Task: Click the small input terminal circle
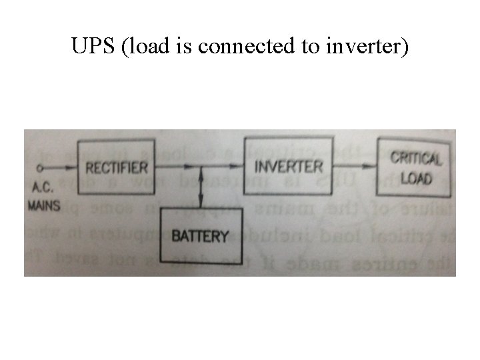coord(41,168)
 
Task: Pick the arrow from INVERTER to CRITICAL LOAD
coord(355,165)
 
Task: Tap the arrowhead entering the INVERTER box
coord(240,165)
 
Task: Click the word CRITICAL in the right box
coord(415,158)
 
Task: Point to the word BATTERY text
coord(199,236)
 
